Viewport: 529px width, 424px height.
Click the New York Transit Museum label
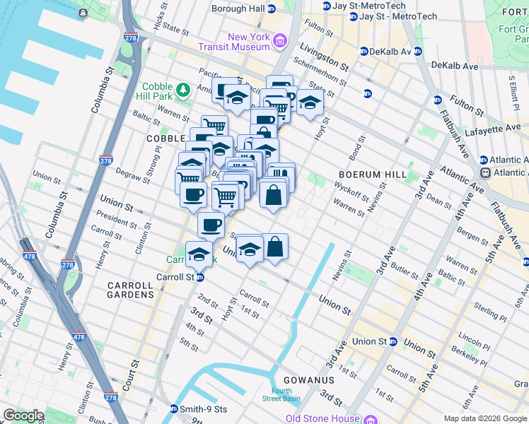tap(248, 42)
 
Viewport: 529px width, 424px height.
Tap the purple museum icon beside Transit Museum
tap(280, 42)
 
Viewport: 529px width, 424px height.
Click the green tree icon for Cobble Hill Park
tap(183, 90)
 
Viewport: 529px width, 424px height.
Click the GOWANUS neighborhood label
tap(304, 380)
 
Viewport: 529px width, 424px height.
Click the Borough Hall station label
tap(238, 8)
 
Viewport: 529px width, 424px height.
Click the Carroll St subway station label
tap(175, 278)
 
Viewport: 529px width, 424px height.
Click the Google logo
tap(23, 416)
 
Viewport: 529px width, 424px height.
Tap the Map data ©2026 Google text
tap(484, 418)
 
